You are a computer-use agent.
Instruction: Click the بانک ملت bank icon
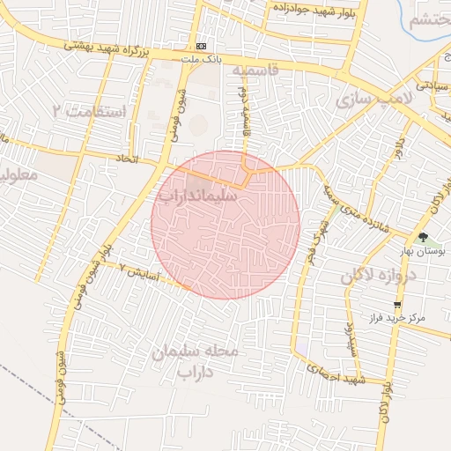tap(203, 45)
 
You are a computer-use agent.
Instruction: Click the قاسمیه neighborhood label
tap(255, 69)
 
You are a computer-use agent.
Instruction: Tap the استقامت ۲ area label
tap(89, 112)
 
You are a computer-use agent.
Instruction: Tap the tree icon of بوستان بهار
tap(424, 238)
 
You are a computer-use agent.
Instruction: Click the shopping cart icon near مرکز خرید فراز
tap(397, 304)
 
